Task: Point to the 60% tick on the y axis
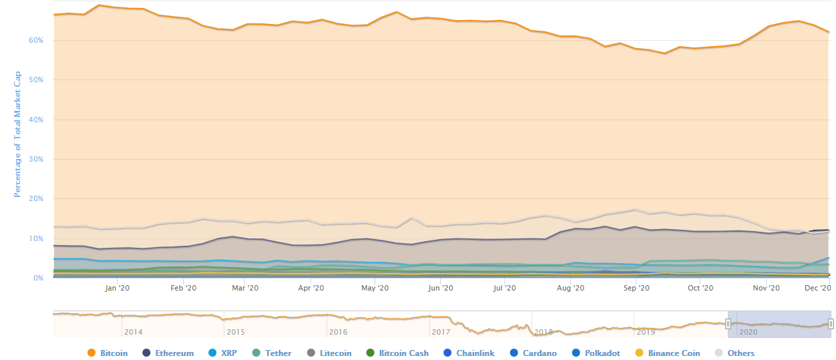(35, 40)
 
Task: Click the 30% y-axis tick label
(35, 159)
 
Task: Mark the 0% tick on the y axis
(38, 278)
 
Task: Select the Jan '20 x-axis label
(118, 288)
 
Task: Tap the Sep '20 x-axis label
(636, 288)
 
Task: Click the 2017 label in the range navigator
(441, 331)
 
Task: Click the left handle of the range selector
(728, 324)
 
